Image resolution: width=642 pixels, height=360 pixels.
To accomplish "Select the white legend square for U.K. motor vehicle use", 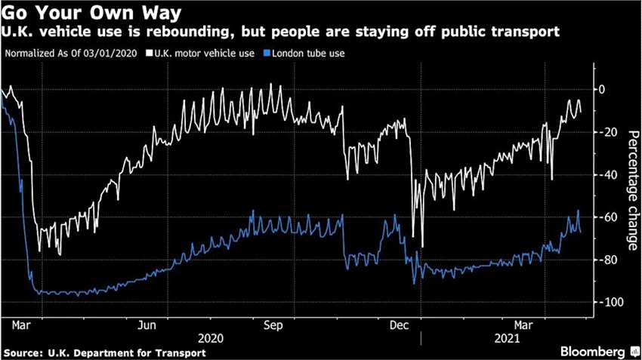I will [150, 54].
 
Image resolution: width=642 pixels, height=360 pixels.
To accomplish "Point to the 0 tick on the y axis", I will [601, 89].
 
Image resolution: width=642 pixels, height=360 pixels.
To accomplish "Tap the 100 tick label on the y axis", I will [606, 302].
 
